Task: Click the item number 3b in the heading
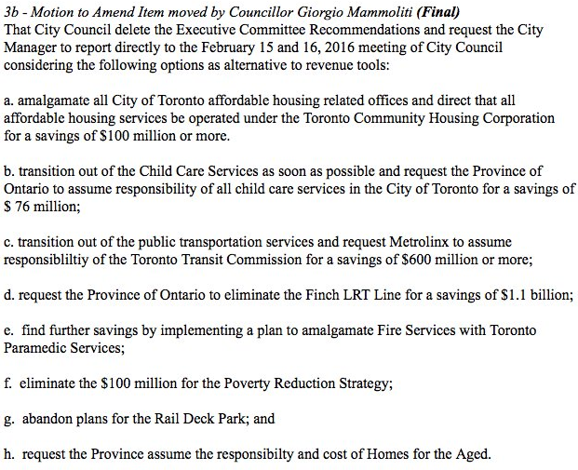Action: [12, 13]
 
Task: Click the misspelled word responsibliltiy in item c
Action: [43, 260]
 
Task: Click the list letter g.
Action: [8, 419]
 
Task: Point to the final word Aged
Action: [471, 454]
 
